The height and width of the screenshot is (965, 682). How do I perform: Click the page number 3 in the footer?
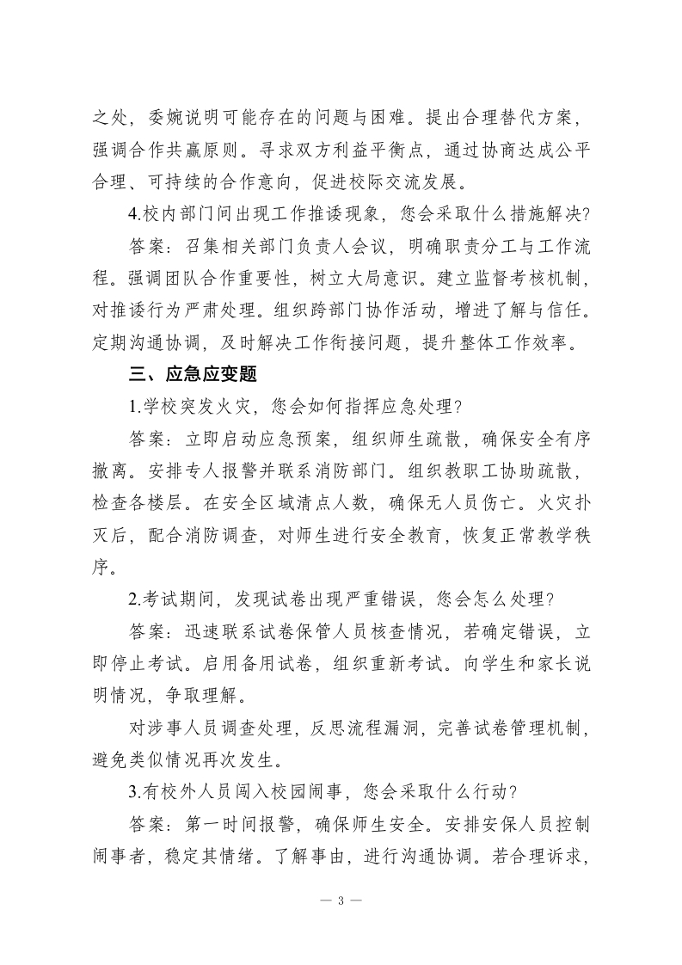341,900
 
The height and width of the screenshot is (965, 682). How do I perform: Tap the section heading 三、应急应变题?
192,375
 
